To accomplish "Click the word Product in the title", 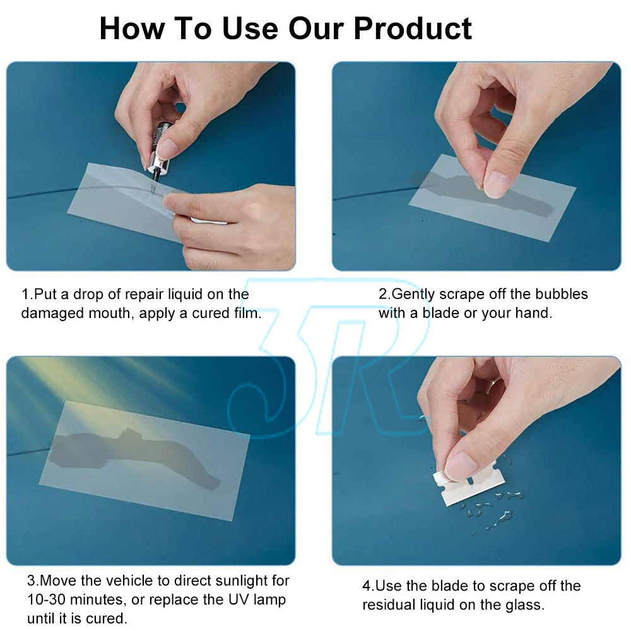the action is click(413, 28).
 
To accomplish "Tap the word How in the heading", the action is click(132, 28).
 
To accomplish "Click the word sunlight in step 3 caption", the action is click(242, 581).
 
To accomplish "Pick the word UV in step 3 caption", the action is click(239, 599).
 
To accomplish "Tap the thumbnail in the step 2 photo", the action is click(496, 185).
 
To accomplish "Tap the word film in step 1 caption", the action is click(247, 313).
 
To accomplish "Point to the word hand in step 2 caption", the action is click(533, 313).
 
